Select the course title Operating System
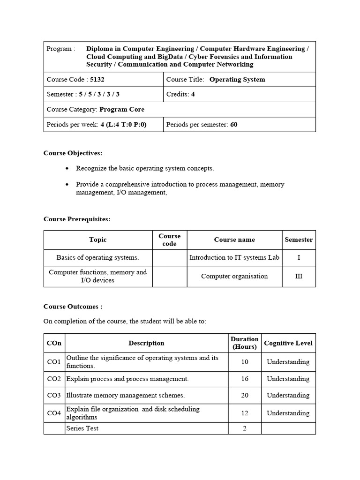click(x=237, y=80)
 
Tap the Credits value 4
click(x=193, y=94)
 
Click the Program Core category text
click(x=122, y=109)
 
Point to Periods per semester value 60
click(x=234, y=125)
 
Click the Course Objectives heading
click(x=73, y=153)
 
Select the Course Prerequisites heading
click(x=77, y=219)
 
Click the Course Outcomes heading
click(x=73, y=307)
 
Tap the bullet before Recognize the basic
click(x=68, y=168)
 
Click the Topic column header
click(x=98, y=240)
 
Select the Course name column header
click(x=234, y=240)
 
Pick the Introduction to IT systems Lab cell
click(x=234, y=257)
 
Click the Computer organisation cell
click(x=234, y=276)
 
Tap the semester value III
click(x=299, y=276)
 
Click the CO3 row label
click(x=54, y=395)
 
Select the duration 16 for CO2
click(x=244, y=379)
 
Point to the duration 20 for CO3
click(x=244, y=395)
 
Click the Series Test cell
click(x=82, y=428)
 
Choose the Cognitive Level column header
click(x=288, y=343)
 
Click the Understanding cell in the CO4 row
click(x=288, y=413)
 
